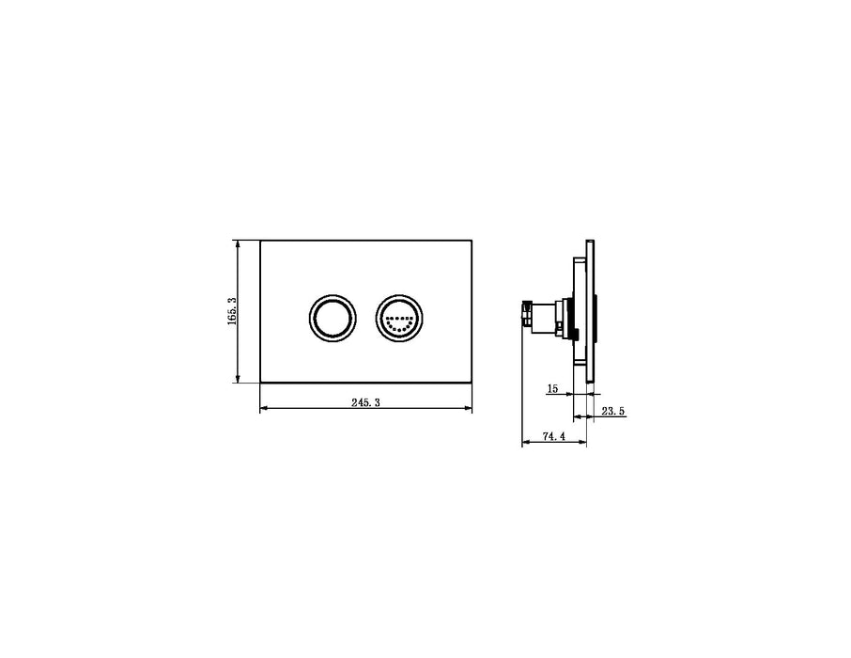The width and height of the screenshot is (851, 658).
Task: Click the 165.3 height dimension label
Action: coord(232,311)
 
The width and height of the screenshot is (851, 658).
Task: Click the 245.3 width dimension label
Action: coord(365,401)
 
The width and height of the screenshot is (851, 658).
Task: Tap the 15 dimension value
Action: coord(551,387)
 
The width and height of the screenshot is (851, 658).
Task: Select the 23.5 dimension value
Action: coord(613,411)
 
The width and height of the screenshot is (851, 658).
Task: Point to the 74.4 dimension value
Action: coord(554,436)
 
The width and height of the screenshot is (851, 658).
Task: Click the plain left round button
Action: coord(332,318)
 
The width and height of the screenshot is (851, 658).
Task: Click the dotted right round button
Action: coord(400,318)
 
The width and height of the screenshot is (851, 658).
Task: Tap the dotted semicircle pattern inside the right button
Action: coord(400,322)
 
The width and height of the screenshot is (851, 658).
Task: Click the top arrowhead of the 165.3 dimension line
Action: coord(239,243)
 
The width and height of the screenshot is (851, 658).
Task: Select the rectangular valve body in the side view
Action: coord(548,314)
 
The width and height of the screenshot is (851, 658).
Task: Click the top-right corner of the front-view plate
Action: coord(472,241)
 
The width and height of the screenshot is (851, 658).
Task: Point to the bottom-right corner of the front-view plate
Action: coord(472,384)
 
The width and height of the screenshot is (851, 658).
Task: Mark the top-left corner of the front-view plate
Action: coord(259,241)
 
